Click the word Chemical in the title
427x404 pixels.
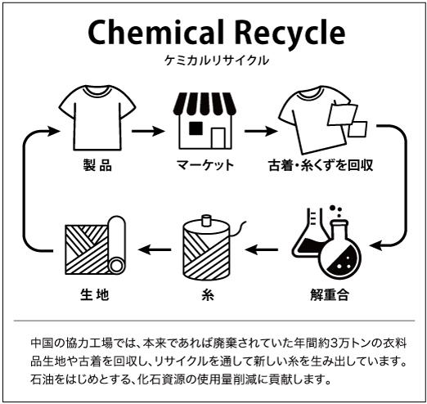coord(155,32)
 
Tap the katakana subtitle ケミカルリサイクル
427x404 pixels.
coord(217,61)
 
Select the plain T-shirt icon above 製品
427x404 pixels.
coord(97,118)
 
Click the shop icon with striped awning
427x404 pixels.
coord(205,120)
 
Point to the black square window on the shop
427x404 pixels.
coord(196,128)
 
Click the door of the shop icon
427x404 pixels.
coord(218,138)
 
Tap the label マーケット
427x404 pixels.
coord(205,165)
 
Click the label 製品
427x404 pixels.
coord(97,165)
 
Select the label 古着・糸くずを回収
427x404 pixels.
coord(321,165)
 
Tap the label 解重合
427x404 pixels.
coord(330,294)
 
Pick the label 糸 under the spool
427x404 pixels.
coord(208,294)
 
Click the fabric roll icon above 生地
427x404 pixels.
coord(96,245)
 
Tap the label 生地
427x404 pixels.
coord(95,294)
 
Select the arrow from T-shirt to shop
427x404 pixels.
coord(148,131)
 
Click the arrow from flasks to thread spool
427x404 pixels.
coord(262,249)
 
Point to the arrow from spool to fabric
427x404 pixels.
coord(155,249)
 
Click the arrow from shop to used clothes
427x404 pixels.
coord(261,131)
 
